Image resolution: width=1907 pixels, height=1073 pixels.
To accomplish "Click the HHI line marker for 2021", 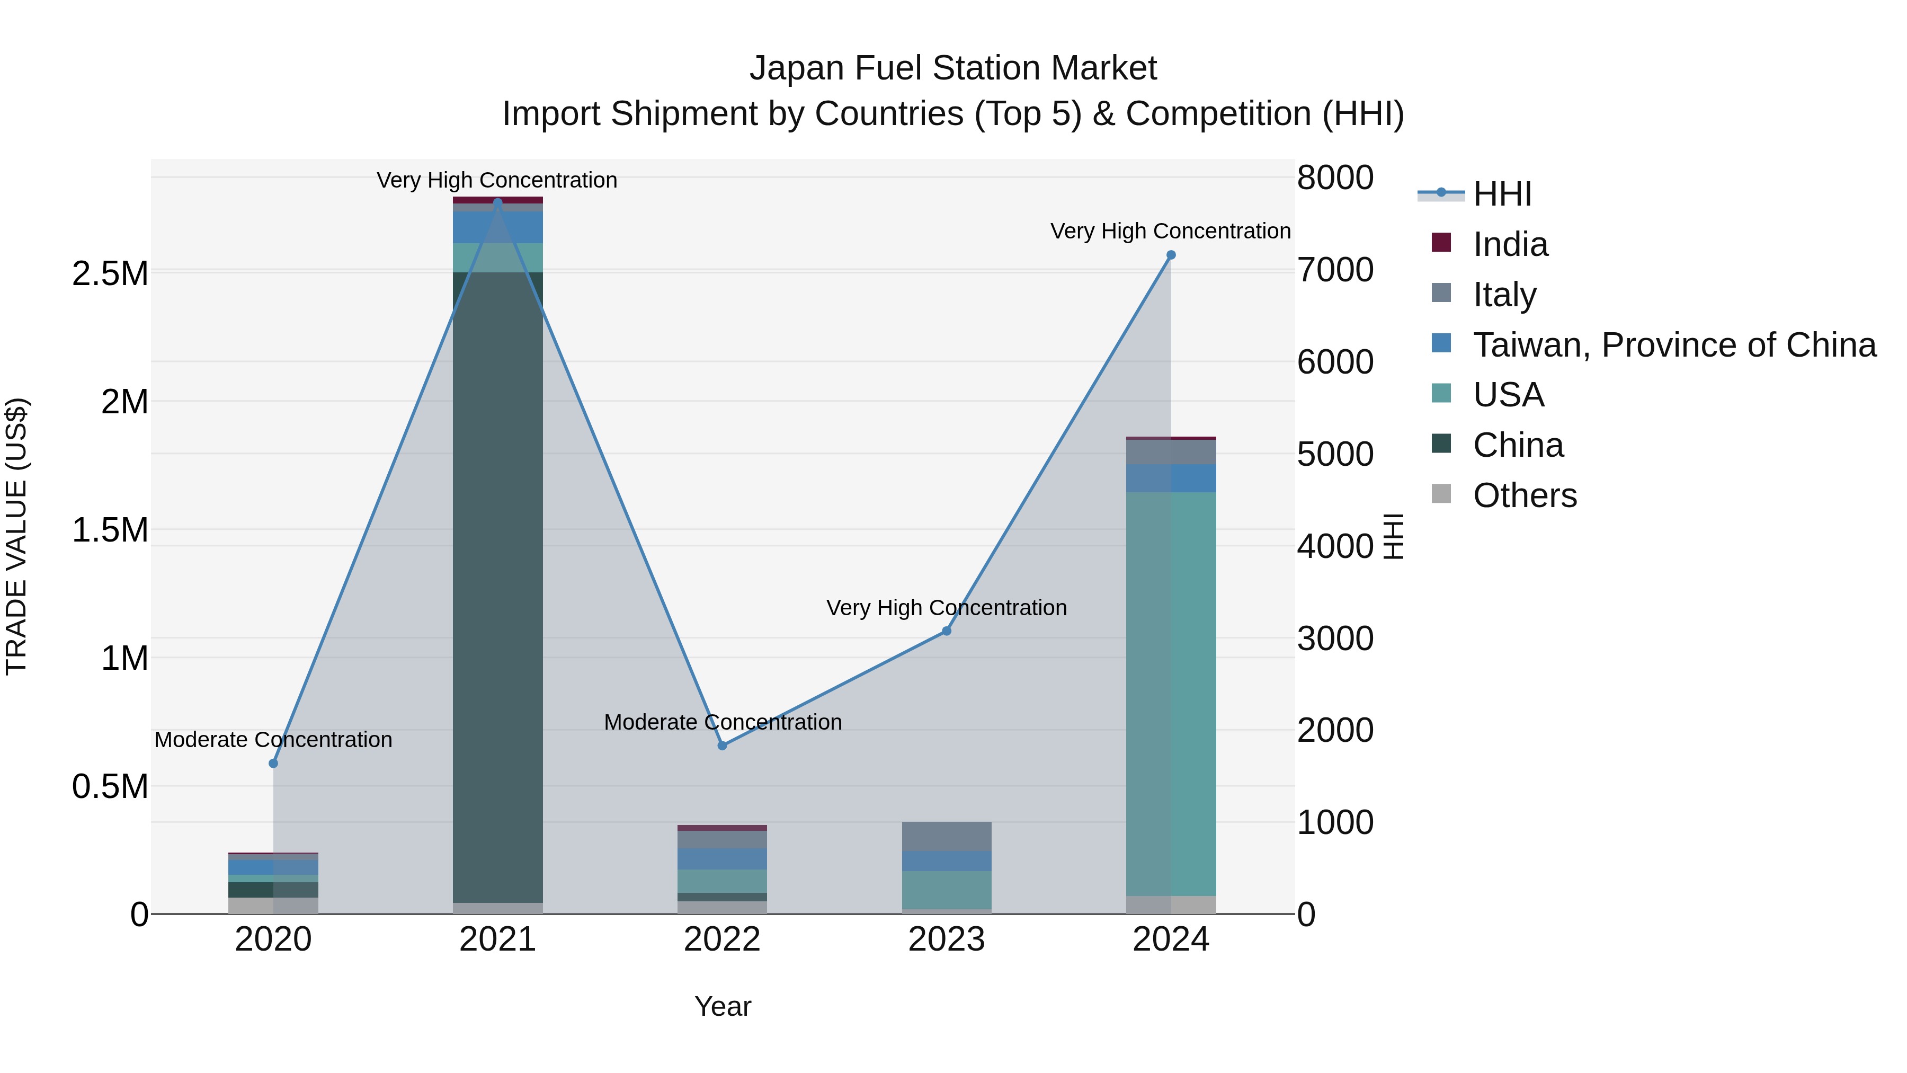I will tap(497, 202).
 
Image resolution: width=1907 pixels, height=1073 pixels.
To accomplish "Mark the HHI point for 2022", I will tap(723, 746).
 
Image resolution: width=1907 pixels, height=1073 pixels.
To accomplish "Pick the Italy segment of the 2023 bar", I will tap(946, 836).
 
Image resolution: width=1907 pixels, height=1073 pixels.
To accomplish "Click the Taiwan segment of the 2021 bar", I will tap(497, 227).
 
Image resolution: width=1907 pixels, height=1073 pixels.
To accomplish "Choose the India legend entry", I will tap(1510, 244).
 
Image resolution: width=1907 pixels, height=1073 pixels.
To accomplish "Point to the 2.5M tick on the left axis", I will tap(110, 274).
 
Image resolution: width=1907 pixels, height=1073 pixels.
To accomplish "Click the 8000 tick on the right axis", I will tap(1335, 178).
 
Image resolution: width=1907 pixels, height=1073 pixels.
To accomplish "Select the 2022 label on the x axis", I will tap(723, 939).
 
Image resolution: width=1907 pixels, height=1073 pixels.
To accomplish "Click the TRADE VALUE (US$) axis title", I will tap(16, 536).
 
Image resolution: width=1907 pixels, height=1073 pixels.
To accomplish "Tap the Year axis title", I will tap(723, 1006).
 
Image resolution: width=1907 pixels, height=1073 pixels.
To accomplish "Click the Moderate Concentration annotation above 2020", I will tap(273, 740).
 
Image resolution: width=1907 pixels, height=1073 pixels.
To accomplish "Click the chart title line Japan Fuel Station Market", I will tap(953, 68).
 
